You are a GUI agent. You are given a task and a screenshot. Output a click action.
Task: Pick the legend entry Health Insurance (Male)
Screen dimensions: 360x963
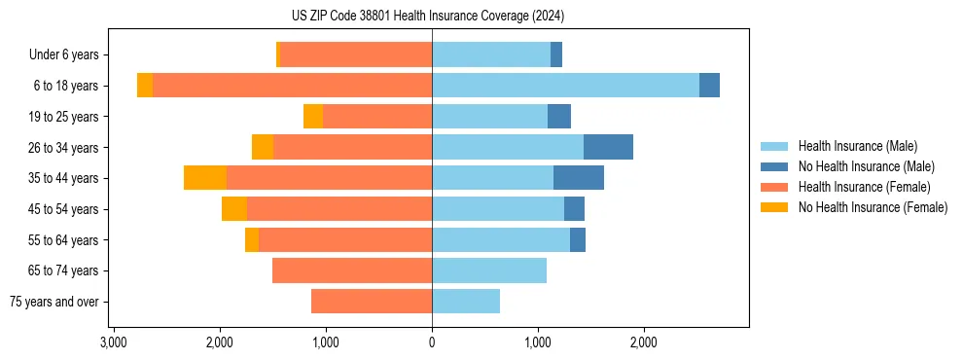(x=857, y=146)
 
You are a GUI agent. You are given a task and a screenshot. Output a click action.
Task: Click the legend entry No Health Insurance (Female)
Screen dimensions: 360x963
(x=873, y=207)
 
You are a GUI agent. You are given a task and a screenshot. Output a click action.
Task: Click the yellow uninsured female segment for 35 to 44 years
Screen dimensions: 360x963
(x=205, y=178)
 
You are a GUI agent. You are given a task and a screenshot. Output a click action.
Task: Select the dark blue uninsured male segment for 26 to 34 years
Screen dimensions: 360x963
(x=608, y=147)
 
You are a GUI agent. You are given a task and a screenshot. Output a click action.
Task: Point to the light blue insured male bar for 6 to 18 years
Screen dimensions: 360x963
(x=565, y=86)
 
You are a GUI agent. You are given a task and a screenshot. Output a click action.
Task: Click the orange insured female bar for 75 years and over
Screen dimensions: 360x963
(x=372, y=302)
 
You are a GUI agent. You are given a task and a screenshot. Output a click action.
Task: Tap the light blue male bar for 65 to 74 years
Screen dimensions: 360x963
(x=489, y=270)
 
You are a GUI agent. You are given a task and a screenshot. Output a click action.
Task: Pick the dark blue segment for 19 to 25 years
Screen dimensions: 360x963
(x=559, y=117)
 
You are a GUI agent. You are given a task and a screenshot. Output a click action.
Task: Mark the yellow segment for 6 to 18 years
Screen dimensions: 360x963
(x=145, y=86)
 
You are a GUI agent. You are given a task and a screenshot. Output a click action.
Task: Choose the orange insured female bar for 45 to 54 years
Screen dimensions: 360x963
(x=339, y=209)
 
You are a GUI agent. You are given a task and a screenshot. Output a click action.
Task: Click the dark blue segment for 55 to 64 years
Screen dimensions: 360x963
(x=578, y=239)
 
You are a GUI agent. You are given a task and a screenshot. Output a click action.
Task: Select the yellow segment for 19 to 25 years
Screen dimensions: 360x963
(x=313, y=117)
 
